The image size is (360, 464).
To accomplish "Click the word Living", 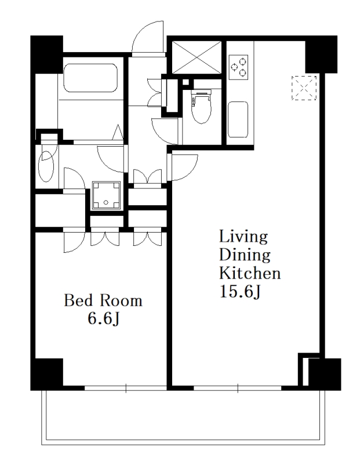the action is (x=243, y=237).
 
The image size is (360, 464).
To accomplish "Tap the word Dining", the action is (x=245, y=255).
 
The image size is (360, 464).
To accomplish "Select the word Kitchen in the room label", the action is (x=250, y=273).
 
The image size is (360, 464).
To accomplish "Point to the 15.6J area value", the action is (x=240, y=292).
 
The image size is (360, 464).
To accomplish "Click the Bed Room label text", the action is (x=103, y=300).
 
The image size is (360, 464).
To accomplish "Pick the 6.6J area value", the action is (x=103, y=318).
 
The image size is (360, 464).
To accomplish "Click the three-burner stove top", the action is (x=238, y=67).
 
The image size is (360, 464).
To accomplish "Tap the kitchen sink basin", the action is (x=238, y=119).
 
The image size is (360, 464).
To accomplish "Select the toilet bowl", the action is (x=202, y=107).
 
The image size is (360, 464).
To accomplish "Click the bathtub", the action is (x=90, y=78).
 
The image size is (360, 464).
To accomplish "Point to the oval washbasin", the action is (x=46, y=166).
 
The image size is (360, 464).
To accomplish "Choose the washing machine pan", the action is (x=106, y=195).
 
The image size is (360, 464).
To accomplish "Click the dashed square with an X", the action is (x=304, y=88).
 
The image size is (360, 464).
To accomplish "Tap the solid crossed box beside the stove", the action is (x=197, y=57).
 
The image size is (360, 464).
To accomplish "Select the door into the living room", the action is (x=183, y=167).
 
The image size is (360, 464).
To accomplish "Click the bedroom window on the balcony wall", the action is (x=126, y=387).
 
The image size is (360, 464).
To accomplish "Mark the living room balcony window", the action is (x=238, y=387).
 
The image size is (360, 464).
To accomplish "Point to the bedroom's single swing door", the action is (x=74, y=242).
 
